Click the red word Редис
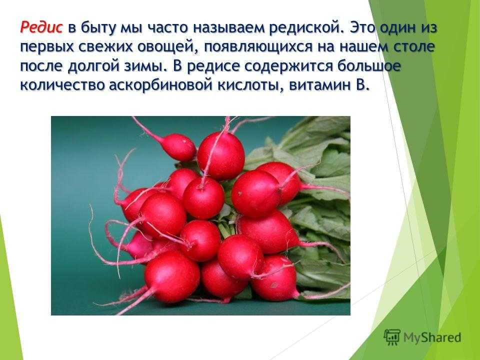(x=41, y=27)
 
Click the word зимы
(x=143, y=66)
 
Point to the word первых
(x=47, y=48)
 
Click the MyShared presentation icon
(x=392, y=337)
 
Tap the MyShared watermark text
(x=432, y=337)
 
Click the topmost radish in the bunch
(x=220, y=155)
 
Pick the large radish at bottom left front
(x=172, y=276)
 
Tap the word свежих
(x=105, y=47)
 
